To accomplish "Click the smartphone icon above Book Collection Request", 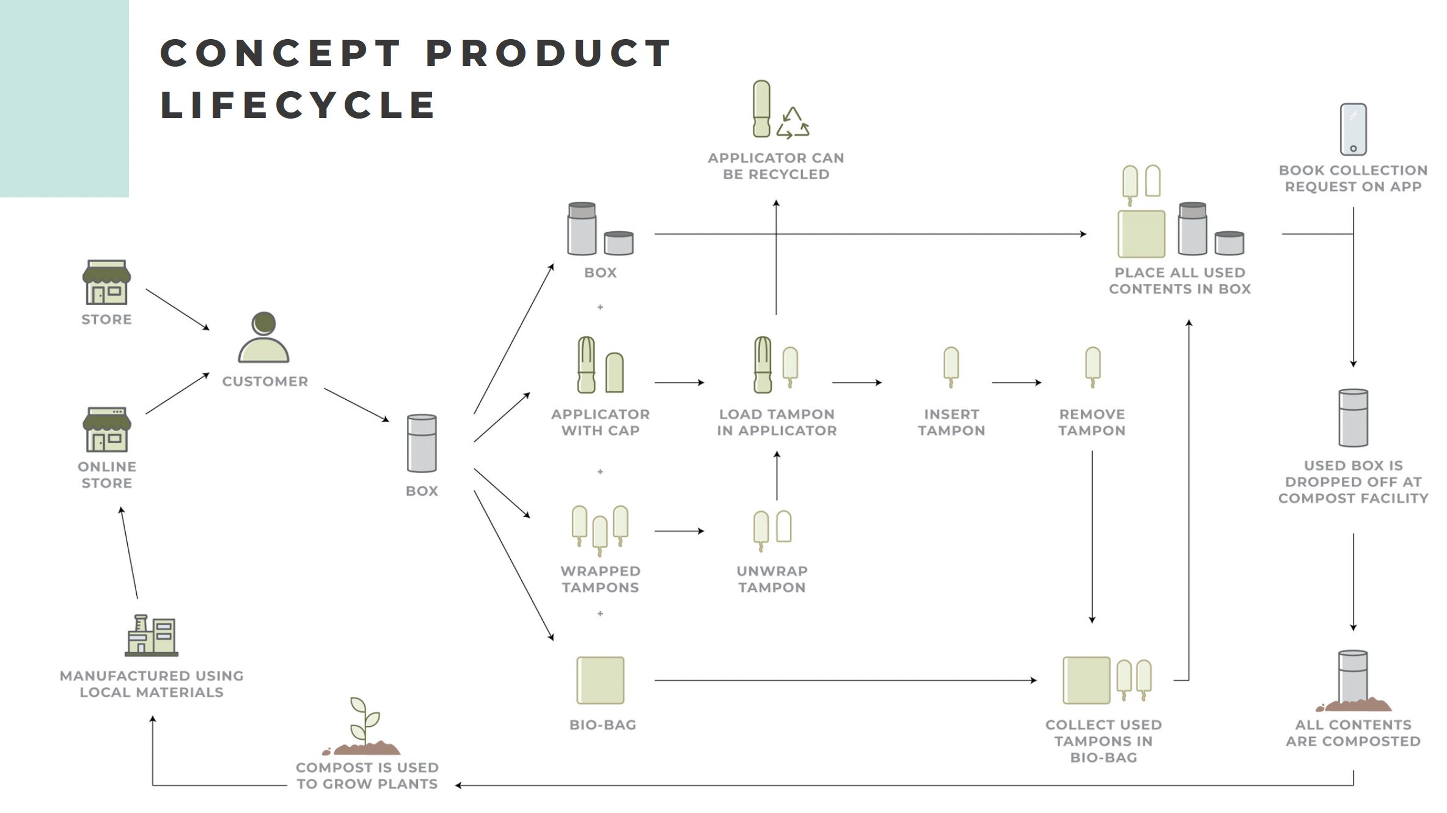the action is pyautogui.click(x=1354, y=130).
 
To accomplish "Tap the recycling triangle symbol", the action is pyautogui.click(x=793, y=123).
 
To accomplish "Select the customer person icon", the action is pyautogui.click(x=263, y=338).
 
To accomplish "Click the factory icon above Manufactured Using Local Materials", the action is pyautogui.click(x=152, y=636).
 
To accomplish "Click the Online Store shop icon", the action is pyautogui.click(x=107, y=430).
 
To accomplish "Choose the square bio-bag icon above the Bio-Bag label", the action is pyautogui.click(x=601, y=680).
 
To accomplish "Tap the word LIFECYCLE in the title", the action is pyautogui.click(x=298, y=105).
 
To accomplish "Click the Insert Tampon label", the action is pyautogui.click(x=951, y=422).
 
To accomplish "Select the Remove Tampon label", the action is pyautogui.click(x=1092, y=422).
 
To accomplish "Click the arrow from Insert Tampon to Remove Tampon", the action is pyautogui.click(x=1017, y=383).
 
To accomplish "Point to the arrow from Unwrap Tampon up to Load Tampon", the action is pyautogui.click(x=777, y=476).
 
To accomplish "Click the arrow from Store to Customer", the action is pyautogui.click(x=178, y=310).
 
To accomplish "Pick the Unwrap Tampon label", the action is pyautogui.click(x=772, y=579).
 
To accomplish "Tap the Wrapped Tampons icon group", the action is pyautogui.click(x=600, y=530).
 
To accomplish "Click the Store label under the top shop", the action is pyautogui.click(x=107, y=320).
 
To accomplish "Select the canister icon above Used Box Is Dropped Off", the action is pyautogui.click(x=1354, y=418).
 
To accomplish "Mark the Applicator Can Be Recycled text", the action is pyautogui.click(x=776, y=166).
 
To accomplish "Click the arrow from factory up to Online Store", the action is pyautogui.click(x=129, y=553).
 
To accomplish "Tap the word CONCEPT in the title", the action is pyautogui.click(x=281, y=53).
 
